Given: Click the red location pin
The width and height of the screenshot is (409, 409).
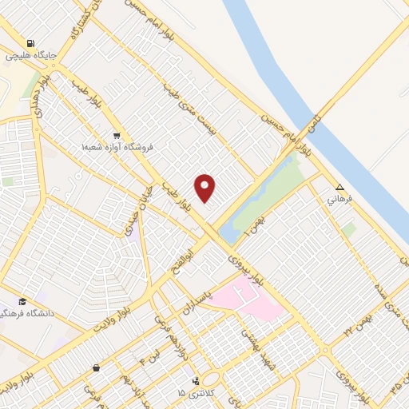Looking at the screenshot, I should coord(205,187).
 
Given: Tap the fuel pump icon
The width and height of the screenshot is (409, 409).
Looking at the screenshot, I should coord(30,44).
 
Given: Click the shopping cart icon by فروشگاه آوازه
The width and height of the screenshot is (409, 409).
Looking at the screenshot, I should coord(117,135).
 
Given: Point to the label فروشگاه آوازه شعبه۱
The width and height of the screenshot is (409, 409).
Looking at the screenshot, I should coord(117,147).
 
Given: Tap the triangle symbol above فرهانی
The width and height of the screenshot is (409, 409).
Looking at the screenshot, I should coord(340,187).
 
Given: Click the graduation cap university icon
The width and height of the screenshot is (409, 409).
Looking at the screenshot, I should coord(22,301).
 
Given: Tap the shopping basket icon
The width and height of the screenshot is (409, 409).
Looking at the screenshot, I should coord(97,368).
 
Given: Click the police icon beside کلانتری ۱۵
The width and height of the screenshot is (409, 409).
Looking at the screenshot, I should coord(196,381).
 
